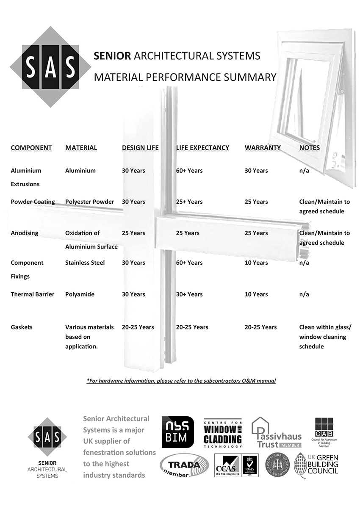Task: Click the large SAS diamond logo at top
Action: pos(50,66)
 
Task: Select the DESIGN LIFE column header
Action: pos(140,148)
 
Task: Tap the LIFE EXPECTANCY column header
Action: pos(202,148)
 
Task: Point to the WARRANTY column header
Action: pos(263,148)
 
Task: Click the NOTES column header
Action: pos(309,148)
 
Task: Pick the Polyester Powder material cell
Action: pos(89,202)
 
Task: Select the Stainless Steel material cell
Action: pos(85,263)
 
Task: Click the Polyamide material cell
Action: pos(80,294)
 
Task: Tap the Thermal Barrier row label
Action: pos(33,294)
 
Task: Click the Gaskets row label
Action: pos(22,327)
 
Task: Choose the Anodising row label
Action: pos(25,233)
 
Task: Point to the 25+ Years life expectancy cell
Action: pos(189,202)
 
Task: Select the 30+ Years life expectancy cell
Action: pos(189,294)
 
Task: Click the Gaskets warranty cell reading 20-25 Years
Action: pos(260,327)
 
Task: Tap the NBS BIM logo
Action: pos(178,432)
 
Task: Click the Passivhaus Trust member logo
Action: pos(277,433)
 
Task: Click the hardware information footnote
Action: pos(181,381)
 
